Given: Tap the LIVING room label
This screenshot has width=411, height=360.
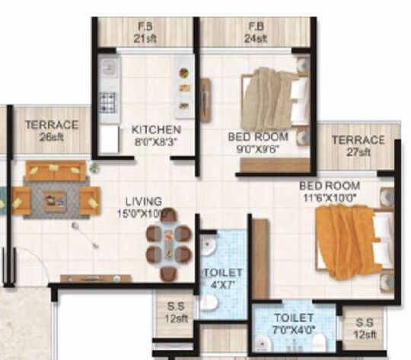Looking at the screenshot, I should pos(143,202).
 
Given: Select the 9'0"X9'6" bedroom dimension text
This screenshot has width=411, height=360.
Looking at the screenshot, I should pos(258,150).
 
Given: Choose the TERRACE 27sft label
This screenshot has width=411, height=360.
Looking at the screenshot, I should pos(358,146).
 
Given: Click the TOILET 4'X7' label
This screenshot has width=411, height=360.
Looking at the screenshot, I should pos(223,278).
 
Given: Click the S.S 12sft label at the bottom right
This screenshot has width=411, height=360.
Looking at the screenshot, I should pos(364,329).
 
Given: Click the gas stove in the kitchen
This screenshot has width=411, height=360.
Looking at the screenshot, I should pos(109,101).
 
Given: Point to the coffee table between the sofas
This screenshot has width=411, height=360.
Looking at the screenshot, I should pos(55,199).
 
